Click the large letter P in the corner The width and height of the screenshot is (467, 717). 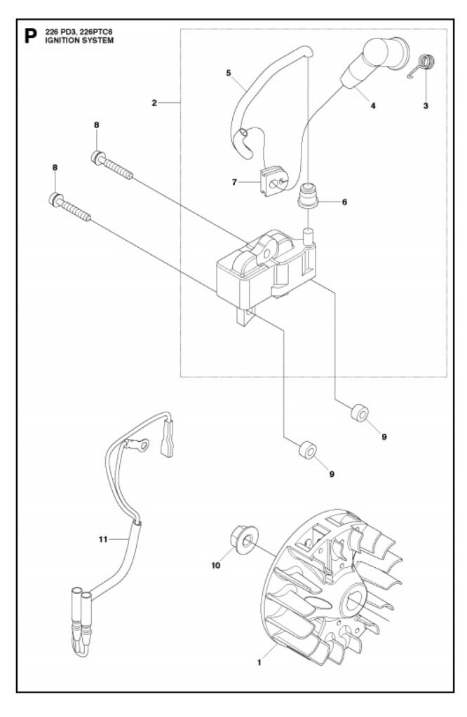click(x=30, y=36)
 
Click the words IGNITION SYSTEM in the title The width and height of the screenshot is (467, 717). click(x=80, y=40)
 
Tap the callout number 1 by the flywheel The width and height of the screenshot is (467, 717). click(x=259, y=662)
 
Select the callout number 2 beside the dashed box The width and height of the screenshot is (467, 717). click(x=154, y=103)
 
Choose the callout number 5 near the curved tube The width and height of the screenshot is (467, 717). click(x=229, y=73)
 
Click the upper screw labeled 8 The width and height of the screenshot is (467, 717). click(x=112, y=165)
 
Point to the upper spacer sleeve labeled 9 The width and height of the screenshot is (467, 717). click(x=360, y=413)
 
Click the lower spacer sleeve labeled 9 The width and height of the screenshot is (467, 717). click(x=308, y=451)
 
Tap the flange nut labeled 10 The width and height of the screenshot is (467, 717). click(x=243, y=540)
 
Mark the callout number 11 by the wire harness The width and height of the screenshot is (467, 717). click(x=103, y=539)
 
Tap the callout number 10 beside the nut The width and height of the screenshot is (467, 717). click(x=216, y=566)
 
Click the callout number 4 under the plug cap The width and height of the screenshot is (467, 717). click(x=373, y=106)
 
